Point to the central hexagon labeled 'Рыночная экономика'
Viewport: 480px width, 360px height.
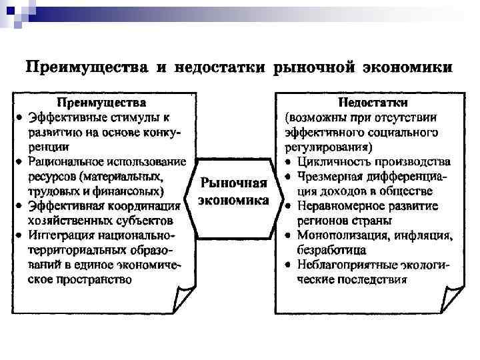(x=235, y=191)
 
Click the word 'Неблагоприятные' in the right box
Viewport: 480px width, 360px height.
(x=346, y=265)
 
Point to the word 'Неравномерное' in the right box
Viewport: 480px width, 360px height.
(x=341, y=206)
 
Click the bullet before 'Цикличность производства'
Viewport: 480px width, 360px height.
(x=286, y=162)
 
